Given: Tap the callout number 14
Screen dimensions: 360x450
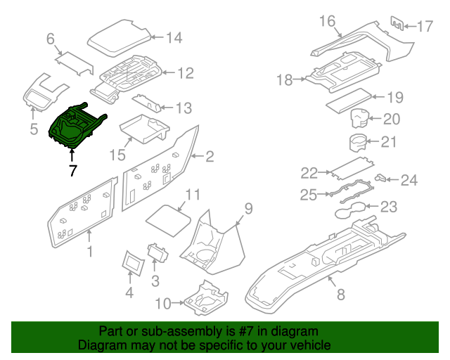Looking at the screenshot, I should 173,37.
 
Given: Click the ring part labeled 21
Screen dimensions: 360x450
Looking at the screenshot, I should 359,141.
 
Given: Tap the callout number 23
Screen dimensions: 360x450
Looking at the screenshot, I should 388,207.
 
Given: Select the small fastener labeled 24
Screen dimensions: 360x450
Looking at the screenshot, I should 382,178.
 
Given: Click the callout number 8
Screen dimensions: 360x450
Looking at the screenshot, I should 340,295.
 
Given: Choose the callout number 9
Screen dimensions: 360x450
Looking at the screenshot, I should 247,207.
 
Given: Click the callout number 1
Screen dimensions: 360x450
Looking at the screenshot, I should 89,251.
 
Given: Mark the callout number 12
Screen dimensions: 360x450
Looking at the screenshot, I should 184,72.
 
